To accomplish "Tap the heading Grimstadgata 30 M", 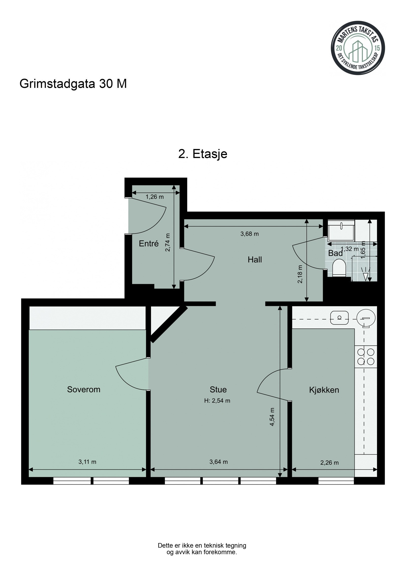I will [73, 84].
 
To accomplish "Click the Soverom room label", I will [83, 389].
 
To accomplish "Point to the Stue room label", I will [218, 389].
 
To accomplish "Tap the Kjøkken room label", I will [324, 390].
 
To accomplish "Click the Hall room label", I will [255, 259].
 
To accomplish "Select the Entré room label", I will [149, 244].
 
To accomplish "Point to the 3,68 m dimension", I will [249, 234].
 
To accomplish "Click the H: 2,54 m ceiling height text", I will [217, 401].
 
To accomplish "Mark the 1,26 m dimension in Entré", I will [155, 197].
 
